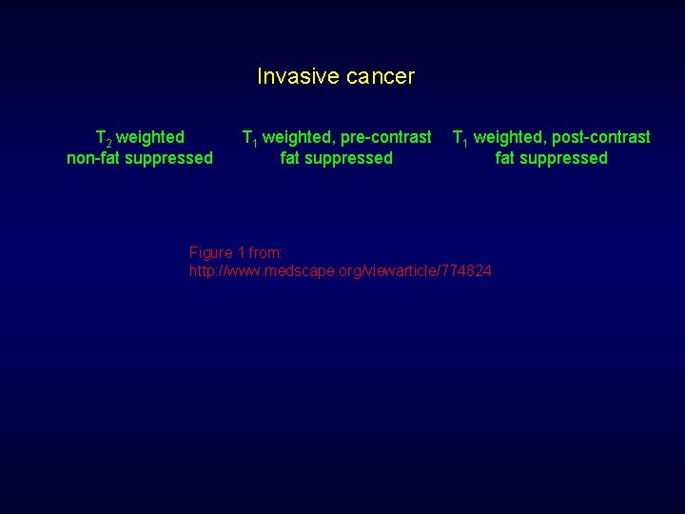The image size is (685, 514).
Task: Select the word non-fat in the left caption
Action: [x=93, y=158]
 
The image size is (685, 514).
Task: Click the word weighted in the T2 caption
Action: [x=150, y=137]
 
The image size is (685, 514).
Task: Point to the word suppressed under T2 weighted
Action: [x=167, y=158]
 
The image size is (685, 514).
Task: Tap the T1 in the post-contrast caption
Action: [x=460, y=138]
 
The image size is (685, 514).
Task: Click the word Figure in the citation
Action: [x=210, y=252]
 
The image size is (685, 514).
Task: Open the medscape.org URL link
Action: [x=341, y=271]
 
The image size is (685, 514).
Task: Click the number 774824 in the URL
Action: [x=467, y=271]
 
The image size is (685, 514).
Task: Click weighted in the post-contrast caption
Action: [x=508, y=137]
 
